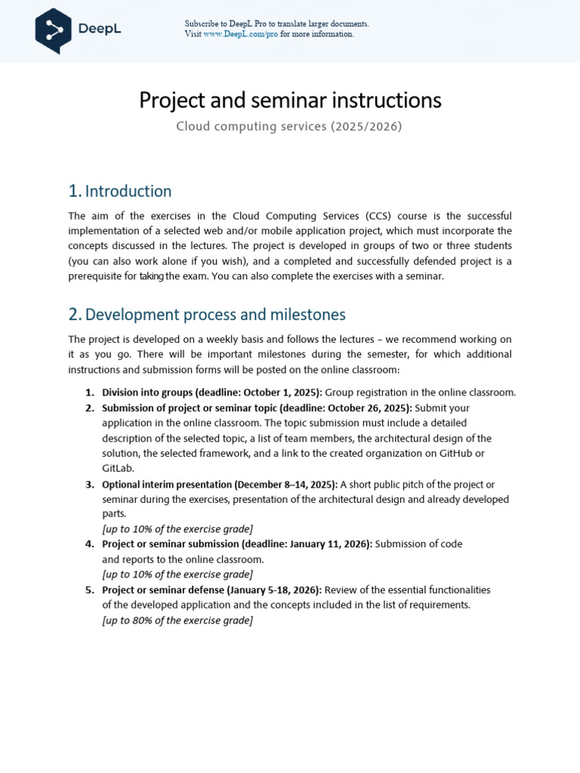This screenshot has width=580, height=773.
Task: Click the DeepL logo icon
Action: click(x=53, y=30)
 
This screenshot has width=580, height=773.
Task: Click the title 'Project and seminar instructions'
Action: click(x=290, y=100)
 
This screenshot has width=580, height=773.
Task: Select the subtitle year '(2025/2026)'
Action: click(x=366, y=127)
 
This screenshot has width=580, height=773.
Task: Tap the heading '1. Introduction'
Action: click(x=120, y=191)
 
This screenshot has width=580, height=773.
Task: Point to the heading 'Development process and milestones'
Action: click(x=215, y=314)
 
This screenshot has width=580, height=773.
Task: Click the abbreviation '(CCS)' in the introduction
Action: click(x=430, y=216)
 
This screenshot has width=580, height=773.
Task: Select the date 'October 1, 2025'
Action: click(x=281, y=393)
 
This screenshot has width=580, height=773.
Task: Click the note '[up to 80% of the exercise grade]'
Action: click(x=177, y=621)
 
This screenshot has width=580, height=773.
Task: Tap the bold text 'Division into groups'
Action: click(x=147, y=393)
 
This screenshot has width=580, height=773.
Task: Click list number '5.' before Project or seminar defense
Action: click(x=89, y=590)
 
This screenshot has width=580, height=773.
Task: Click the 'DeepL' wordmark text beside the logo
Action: click(x=99, y=29)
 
